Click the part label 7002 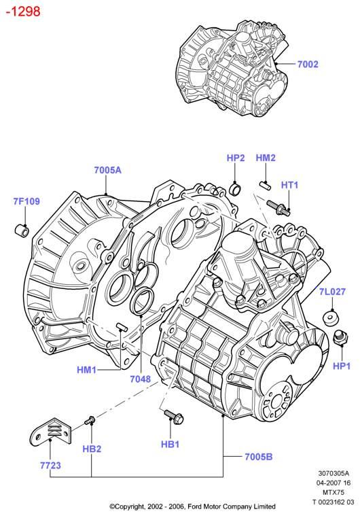[x=308, y=64]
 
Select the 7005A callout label [x=107, y=170]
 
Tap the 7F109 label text [x=26, y=201]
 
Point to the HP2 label [x=236, y=158]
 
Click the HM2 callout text [x=266, y=158]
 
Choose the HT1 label [x=289, y=185]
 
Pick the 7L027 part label [x=332, y=292]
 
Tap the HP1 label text [x=342, y=366]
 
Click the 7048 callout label [x=141, y=379]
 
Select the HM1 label [x=86, y=370]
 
